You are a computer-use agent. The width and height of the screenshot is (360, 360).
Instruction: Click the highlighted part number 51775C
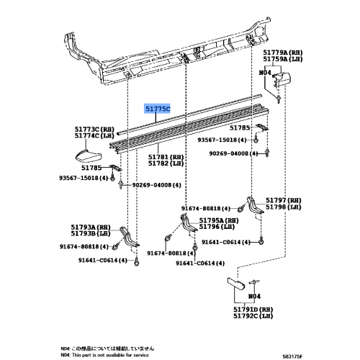click(x=158, y=109)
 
